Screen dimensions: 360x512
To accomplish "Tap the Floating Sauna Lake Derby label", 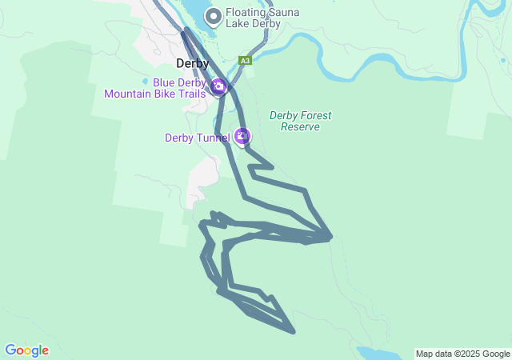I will [x=253, y=18].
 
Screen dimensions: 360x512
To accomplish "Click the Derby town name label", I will [x=192, y=64].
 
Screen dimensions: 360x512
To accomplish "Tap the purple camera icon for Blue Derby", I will [x=218, y=86].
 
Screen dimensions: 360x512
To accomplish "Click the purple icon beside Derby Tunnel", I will [x=242, y=137].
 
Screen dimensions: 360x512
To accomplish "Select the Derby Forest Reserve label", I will [x=300, y=121].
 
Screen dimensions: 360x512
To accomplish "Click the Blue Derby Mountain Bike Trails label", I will [x=154, y=87].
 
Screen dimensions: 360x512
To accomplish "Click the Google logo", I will [x=26, y=350].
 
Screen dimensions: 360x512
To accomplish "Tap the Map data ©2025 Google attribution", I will [x=462, y=354].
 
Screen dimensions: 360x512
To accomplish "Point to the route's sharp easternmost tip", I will [x=331, y=237].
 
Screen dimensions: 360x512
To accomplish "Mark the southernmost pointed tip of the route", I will [x=294, y=330].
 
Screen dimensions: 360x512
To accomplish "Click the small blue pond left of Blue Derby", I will [x=145, y=81].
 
